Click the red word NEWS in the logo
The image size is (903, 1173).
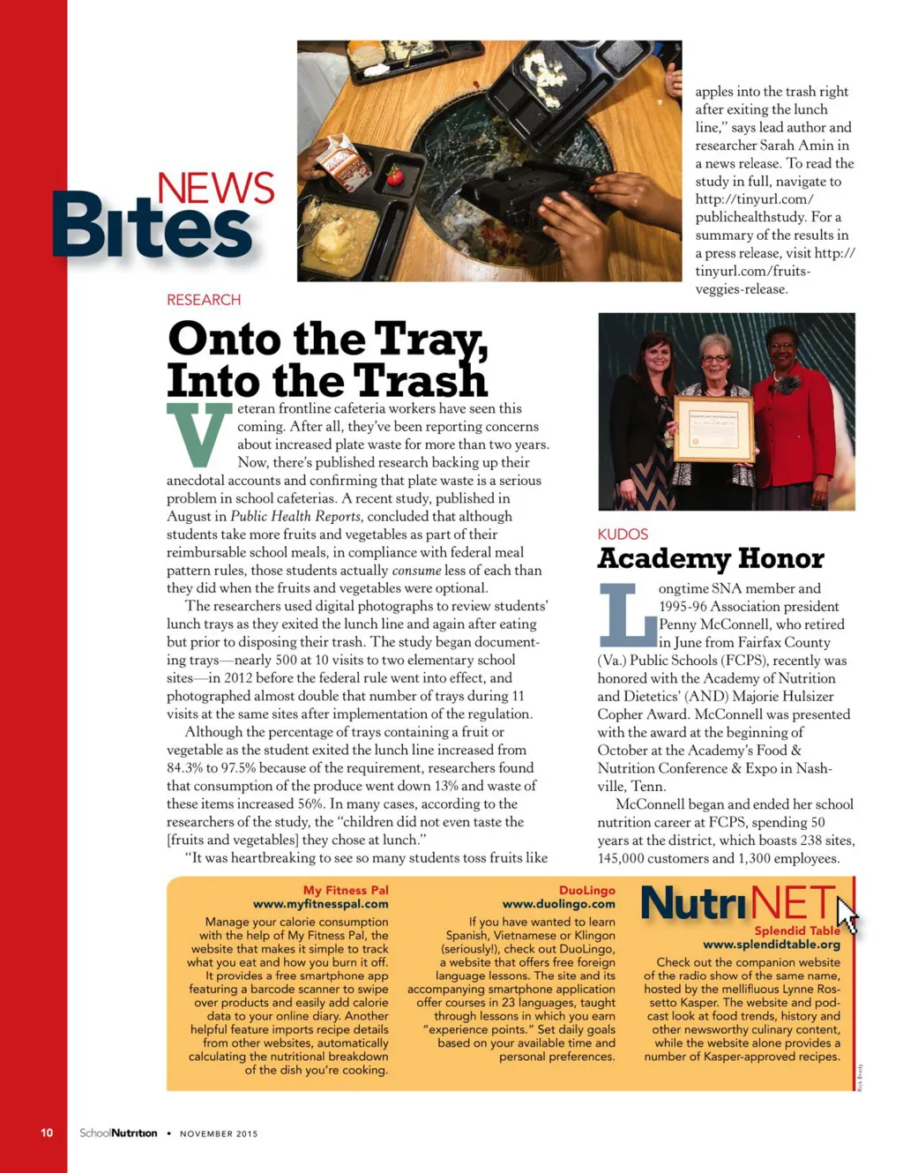point(216,189)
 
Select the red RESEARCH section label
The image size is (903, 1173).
point(204,300)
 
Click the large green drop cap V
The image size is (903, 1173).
point(199,434)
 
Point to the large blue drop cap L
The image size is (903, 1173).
point(627,614)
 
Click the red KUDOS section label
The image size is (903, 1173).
point(623,534)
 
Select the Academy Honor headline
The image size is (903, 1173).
point(710,558)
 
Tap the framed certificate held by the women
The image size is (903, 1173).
point(713,430)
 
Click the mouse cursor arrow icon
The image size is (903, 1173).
point(846,915)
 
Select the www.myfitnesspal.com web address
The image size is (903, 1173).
point(320,904)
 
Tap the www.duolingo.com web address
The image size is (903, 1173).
point(558,904)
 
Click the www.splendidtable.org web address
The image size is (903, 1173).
point(771,945)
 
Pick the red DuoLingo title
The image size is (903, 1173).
point(586,891)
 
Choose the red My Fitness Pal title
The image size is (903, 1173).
point(346,891)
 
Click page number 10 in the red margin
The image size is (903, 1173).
point(47,1133)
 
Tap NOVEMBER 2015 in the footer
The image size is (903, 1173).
point(219,1134)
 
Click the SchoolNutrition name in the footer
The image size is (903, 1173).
point(118,1133)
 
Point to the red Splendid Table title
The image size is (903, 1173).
point(796,930)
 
